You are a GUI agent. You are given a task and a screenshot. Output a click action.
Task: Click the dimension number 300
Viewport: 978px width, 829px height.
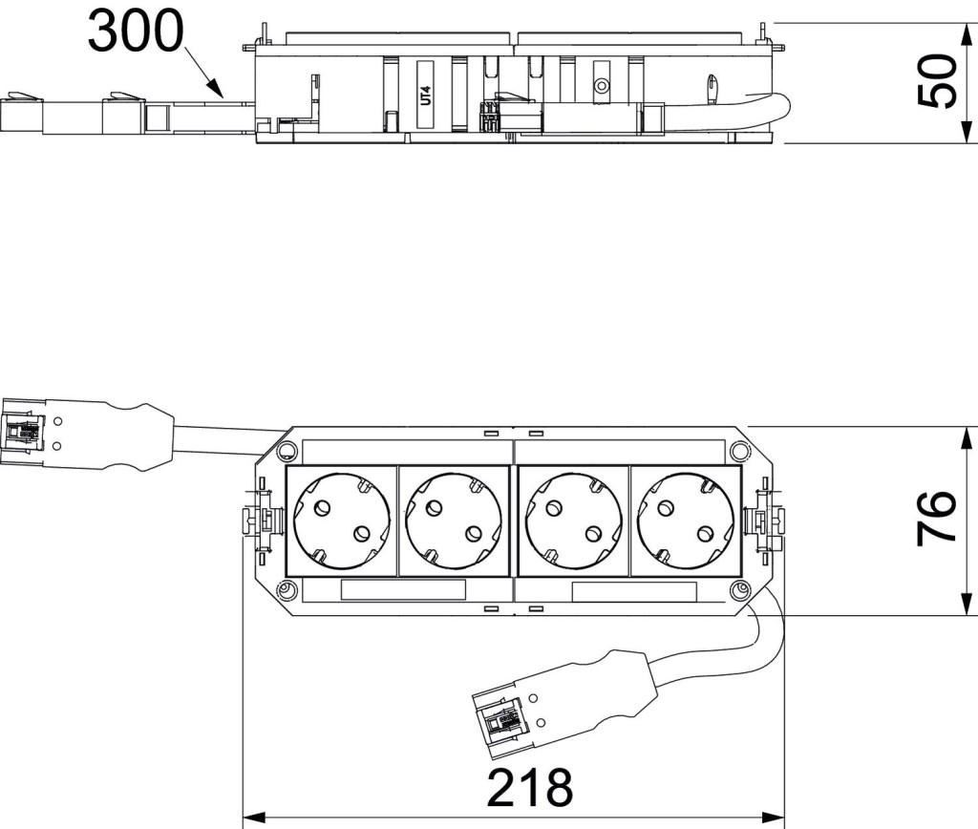click(136, 32)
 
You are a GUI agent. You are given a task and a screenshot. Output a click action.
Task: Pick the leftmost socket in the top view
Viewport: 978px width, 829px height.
click(342, 521)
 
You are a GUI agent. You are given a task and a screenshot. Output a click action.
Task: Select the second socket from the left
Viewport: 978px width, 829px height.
click(453, 521)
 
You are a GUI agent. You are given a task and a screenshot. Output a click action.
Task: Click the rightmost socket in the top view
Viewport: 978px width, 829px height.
click(685, 521)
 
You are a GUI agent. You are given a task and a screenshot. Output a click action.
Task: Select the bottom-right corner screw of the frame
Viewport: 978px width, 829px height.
click(739, 589)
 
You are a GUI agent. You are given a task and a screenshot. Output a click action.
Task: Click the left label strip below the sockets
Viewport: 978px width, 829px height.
click(403, 590)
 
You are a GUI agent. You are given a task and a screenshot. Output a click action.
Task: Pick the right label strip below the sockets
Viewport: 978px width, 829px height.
click(634, 591)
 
